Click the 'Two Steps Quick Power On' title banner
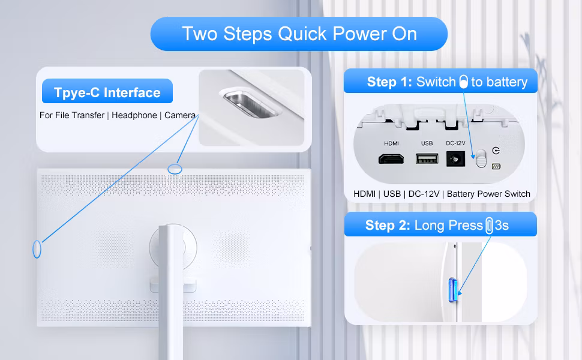[299, 34]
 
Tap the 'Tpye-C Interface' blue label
[107, 91]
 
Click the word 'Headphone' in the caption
[134, 115]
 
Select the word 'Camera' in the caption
[180, 115]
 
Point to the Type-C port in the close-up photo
[251, 104]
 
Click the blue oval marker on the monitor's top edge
[175, 169]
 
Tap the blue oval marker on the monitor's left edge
[37, 249]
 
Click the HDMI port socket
[391, 159]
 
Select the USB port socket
[427, 159]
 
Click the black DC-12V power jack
[455, 159]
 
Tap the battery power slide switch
[481, 158]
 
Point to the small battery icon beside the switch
[496, 167]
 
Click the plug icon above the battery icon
[496, 151]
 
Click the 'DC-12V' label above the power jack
[455, 143]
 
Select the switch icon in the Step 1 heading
[464, 82]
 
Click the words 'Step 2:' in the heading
[388, 225]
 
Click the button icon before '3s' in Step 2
[489, 226]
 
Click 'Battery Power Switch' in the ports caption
[488, 194]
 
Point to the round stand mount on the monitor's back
[173, 246]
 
